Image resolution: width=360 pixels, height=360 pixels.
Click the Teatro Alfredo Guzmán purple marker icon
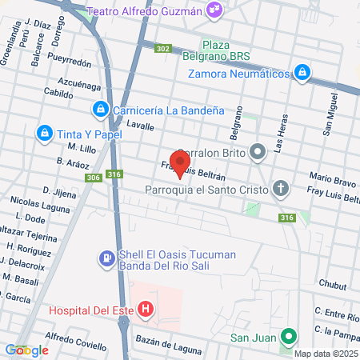coord(214,10)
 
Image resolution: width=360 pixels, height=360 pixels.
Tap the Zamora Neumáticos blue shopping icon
coord(302,73)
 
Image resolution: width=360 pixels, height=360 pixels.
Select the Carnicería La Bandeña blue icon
coord(100,109)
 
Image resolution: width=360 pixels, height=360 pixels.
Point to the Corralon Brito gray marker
coord(257,151)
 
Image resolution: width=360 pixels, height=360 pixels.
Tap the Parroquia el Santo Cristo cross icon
coord(280,190)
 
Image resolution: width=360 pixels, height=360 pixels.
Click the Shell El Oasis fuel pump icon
coord(106,259)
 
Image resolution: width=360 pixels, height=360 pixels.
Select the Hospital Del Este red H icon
coord(145,309)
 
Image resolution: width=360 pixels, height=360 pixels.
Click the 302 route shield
coord(163,49)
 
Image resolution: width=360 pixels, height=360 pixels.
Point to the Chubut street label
coord(332,284)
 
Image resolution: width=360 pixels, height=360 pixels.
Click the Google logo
coord(26,350)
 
